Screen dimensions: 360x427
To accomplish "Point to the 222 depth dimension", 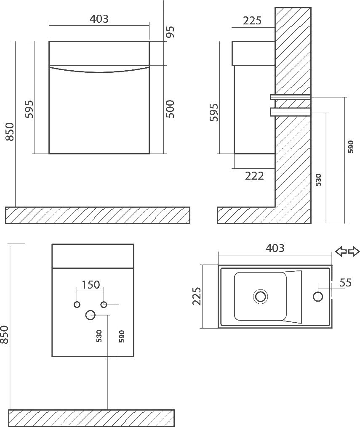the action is [x=254, y=176].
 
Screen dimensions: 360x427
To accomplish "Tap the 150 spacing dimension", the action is [x=91, y=284].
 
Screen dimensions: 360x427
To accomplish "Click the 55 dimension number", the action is [x=346, y=283].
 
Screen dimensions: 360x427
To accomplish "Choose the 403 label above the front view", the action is [x=99, y=19].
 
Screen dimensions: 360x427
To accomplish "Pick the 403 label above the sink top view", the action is [x=275, y=248].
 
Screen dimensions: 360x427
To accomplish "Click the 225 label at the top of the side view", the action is [x=252, y=21].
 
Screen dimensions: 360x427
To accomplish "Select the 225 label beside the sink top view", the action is [x=197, y=296].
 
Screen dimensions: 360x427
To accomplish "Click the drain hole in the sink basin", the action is [x=261, y=296].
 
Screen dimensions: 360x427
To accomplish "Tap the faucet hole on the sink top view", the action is [x=318, y=296].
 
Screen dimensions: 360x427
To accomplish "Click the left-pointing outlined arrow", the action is [x=341, y=251].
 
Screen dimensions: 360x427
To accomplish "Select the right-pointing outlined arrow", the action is [x=354, y=251].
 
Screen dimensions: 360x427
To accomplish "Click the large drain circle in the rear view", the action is [x=90, y=315].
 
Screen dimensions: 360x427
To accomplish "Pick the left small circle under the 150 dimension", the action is [x=77, y=305].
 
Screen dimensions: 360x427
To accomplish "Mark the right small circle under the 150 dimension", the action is [x=104, y=305].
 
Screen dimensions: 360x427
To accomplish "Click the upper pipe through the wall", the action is [x=291, y=97].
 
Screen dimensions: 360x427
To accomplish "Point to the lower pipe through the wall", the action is [x=291, y=111].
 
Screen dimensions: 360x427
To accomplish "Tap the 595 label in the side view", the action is [x=213, y=112].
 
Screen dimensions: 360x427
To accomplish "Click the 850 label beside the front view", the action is [x=10, y=132].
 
